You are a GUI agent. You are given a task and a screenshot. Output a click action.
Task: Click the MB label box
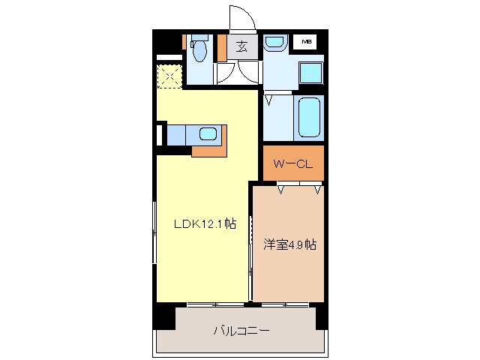point(307,42)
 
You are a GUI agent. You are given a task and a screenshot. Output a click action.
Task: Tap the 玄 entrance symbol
point(241,46)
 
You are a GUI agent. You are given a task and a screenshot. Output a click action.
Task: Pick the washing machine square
point(310,73)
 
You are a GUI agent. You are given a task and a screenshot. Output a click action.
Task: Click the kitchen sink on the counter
point(208,134)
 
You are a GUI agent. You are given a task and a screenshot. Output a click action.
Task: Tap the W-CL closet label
point(292,163)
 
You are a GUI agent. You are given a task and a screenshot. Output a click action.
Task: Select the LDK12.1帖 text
point(205,223)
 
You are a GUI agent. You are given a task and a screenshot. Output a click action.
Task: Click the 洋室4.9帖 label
point(289,244)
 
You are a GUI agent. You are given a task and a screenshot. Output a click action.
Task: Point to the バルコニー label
point(241,330)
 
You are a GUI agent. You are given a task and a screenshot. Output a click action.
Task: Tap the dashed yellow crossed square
point(169,76)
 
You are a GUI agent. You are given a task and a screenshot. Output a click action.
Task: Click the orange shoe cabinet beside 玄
point(222,47)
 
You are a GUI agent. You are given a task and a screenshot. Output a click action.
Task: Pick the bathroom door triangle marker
point(269,97)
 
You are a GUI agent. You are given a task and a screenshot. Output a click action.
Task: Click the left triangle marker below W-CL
point(281,190)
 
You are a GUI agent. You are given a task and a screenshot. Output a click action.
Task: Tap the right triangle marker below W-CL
point(318,190)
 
